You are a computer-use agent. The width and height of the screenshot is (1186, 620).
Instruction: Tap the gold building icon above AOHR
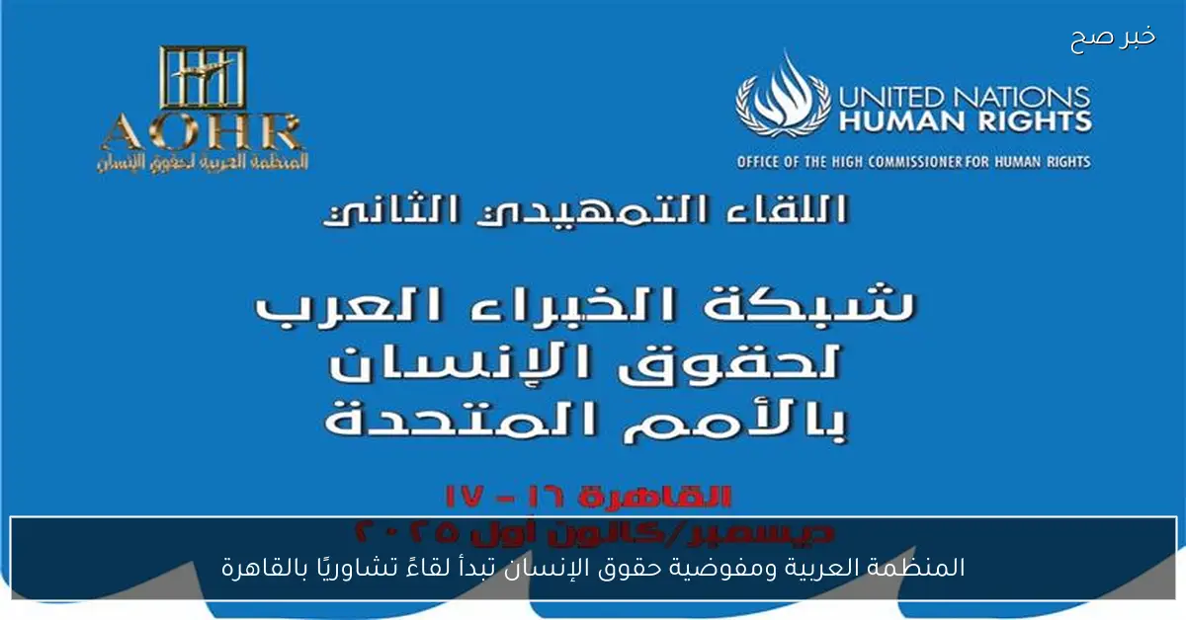[x=202, y=77]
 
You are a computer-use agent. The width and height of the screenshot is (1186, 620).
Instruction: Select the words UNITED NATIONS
[x=964, y=97]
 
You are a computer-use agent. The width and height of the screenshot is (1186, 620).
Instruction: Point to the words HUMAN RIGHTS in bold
[x=964, y=121]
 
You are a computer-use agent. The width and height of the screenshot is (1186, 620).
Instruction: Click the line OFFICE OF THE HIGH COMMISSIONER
[x=913, y=161]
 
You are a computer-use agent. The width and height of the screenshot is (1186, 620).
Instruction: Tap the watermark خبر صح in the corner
[x=1113, y=39]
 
